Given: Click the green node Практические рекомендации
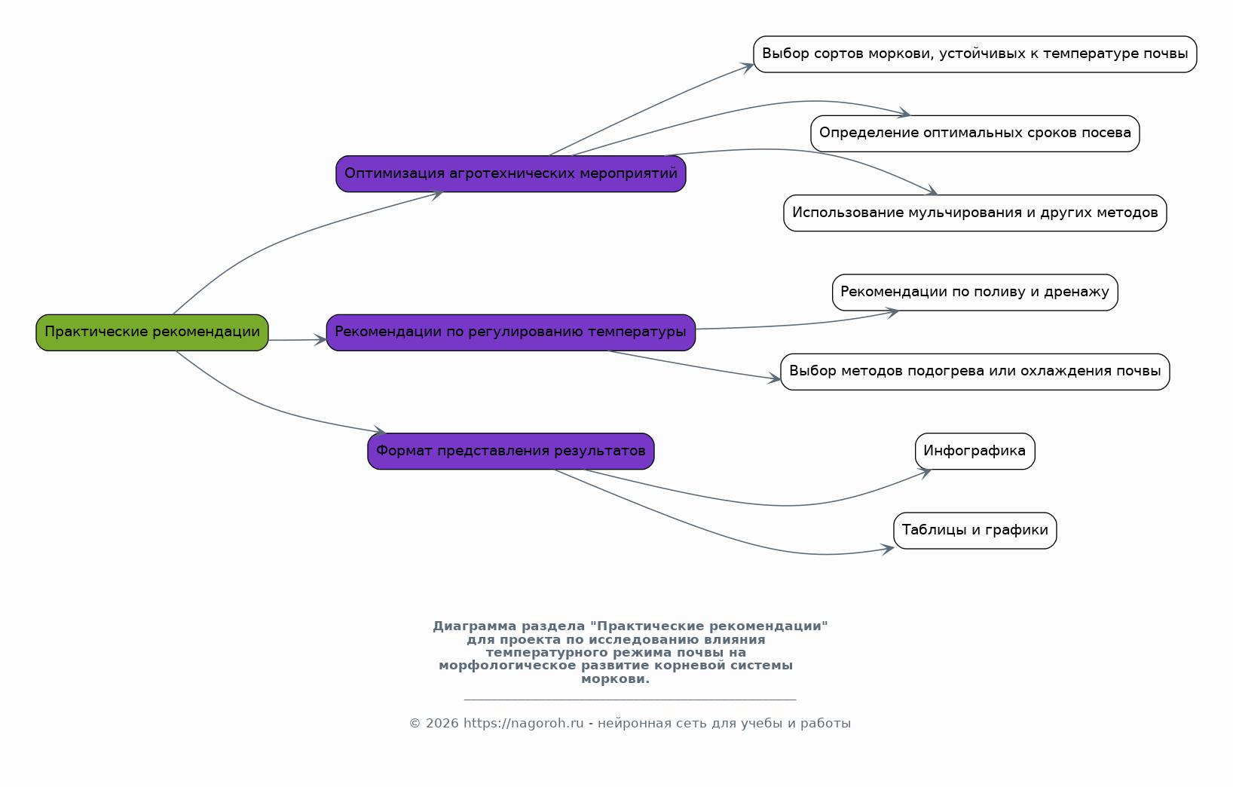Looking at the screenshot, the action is pyautogui.click(x=152, y=332).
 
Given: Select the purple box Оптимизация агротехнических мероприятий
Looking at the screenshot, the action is pyautogui.click(x=511, y=174).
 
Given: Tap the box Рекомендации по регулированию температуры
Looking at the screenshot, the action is pyautogui.click(x=511, y=332).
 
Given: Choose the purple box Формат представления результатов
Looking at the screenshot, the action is pyautogui.click(x=511, y=451).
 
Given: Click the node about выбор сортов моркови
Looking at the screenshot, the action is pyautogui.click(x=974, y=54).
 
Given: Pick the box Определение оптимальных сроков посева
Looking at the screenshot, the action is pyautogui.click(x=974, y=134).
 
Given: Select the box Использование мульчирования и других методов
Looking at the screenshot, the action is pyautogui.click(x=974, y=213).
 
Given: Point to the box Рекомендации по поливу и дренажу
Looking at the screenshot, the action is pyautogui.click(x=974, y=292).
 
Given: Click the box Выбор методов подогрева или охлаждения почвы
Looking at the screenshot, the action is pyautogui.click(x=974, y=372).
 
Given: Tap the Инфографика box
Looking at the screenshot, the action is pyautogui.click(x=974, y=451).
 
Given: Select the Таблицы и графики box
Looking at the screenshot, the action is pyautogui.click(x=974, y=531).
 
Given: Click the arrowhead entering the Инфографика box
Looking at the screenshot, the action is pyautogui.click(x=925, y=473).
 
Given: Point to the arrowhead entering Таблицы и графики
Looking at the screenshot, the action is pyautogui.click(x=887, y=549).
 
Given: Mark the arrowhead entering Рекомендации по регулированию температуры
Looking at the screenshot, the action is pyautogui.click(x=320, y=339).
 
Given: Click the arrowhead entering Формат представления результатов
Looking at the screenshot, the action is pyautogui.click(x=379, y=430).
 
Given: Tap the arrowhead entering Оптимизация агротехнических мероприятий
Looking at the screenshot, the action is pyautogui.click(x=437, y=194).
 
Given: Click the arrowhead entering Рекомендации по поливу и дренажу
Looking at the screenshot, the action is pyautogui.click(x=892, y=313).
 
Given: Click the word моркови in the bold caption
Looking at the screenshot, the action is pyautogui.click(x=616, y=679).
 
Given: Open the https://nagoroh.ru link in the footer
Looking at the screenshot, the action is pyautogui.click(x=524, y=723).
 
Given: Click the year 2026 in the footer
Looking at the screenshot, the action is pyautogui.click(x=442, y=723).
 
